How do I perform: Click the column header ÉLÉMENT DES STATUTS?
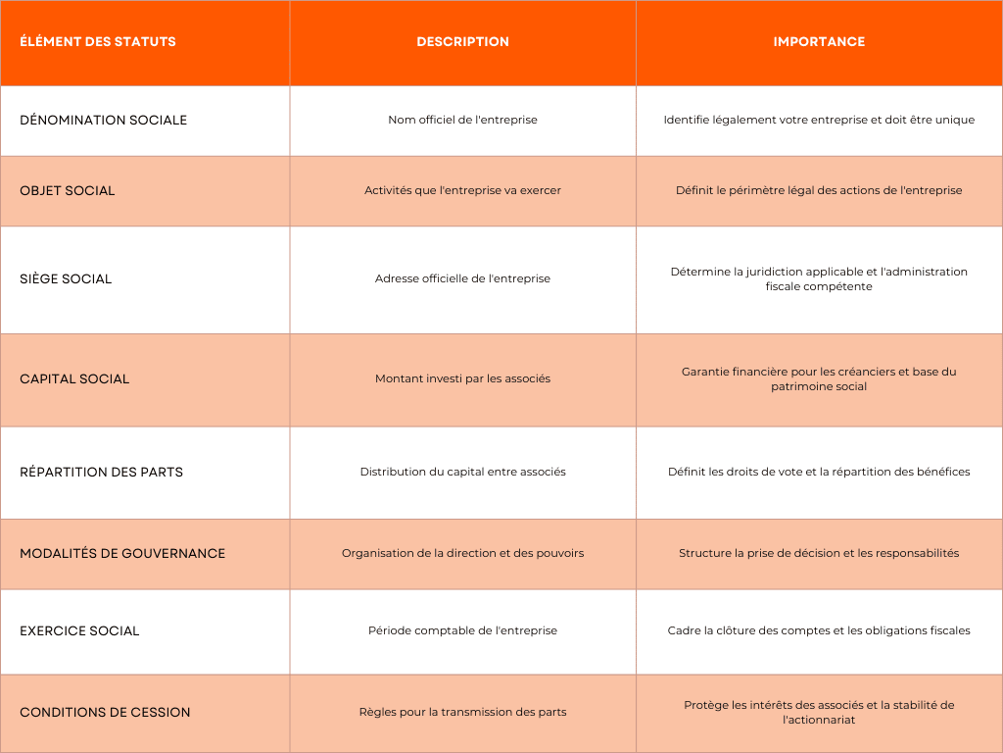(98, 42)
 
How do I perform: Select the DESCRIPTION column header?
(462, 42)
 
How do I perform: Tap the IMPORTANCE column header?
(819, 42)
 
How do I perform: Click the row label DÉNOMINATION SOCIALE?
(103, 121)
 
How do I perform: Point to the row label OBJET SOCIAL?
(68, 191)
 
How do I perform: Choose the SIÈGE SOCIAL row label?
(66, 279)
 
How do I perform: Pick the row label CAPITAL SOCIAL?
(74, 379)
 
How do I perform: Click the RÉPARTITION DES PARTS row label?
(101, 473)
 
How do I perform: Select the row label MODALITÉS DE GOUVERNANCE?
(122, 554)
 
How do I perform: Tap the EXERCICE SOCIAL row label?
(79, 631)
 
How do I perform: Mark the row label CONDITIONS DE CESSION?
(105, 713)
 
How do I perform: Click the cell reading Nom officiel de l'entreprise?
(462, 121)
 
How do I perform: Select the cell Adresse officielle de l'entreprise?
(462, 279)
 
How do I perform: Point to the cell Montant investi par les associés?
(462, 379)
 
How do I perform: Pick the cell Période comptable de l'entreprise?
(462, 631)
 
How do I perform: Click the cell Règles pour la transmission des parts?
(462, 713)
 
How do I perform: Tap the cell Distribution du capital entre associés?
(462, 473)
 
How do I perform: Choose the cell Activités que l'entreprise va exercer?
(462, 191)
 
